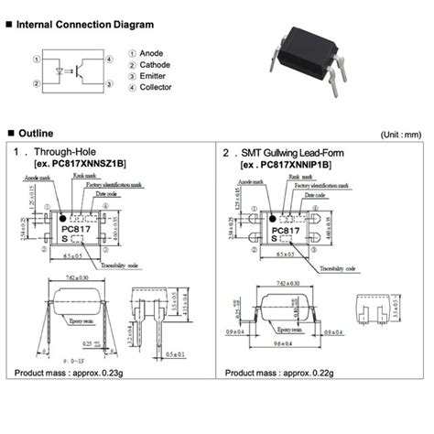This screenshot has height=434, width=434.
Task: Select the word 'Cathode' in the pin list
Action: tap(155, 67)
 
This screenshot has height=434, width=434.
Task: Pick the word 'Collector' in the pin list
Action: tap(156, 89)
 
